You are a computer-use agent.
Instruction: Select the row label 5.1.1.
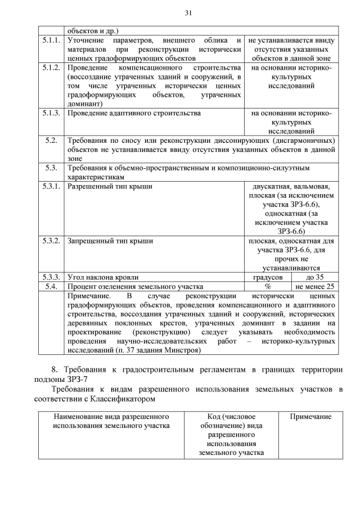click(x=52, y=40)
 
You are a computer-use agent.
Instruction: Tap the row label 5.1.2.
click(x=52, y=68)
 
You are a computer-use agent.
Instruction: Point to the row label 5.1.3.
click(x=52, y=113)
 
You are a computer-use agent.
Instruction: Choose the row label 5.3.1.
click(x=52, y=186)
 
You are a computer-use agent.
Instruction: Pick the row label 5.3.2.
click(x=52, y=241)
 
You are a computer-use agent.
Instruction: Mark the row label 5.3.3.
click(x=52, y=277)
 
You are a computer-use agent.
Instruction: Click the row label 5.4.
click(x=52, y=286)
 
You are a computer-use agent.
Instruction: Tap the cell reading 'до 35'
click(x=314, y=277)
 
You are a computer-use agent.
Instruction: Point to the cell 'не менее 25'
click(x=314, y=286)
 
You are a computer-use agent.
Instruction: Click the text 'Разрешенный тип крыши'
click(x=110, y=186)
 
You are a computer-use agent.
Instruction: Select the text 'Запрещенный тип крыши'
click(x=110, y=241)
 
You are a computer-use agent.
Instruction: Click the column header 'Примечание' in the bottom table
click(x=310, y=416)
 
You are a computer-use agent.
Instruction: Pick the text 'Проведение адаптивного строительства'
click(x=134, y=113)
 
